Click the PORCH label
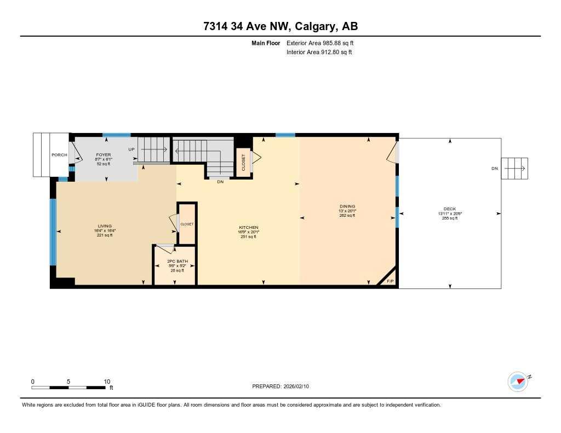click(x=59, y=155)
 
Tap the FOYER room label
click(x=104, y=155)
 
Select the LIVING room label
click(x=105, y=226)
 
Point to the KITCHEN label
click(x=248, y=227)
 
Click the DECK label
click(x=450, y=209)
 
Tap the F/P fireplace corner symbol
click(x=390, y=281)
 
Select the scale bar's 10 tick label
click(x=107, y=382)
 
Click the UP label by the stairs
click(x=131, y=149)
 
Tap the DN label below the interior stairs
click(x=220, y=182)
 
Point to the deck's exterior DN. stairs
click(x=515, y=168)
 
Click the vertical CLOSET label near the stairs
click(x=244, y=162)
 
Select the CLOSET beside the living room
click(x=187, y=224)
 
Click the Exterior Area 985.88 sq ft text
click(x=324, y=43)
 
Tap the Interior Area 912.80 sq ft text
click(x=319, y=53)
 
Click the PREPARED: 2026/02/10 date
click(x=284, y=386)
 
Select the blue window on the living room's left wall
click(x=53, y=232)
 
